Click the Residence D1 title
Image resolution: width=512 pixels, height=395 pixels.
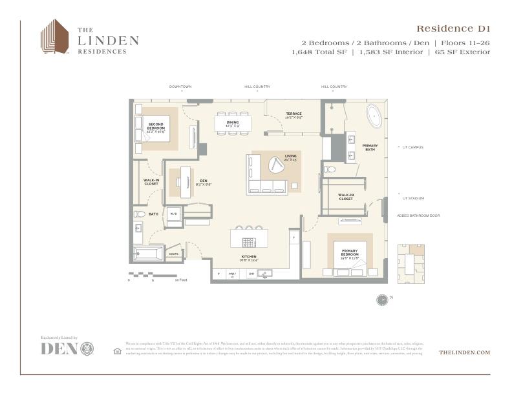(x=453, y=28)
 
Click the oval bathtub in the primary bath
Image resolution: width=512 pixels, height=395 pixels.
(x=374, y=116)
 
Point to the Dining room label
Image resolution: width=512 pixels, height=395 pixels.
(x=233, y=123)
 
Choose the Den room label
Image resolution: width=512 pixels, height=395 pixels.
(x=204, y=182)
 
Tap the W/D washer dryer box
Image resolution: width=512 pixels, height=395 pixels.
(x=173, y=214)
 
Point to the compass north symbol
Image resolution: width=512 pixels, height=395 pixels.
(x=382, y=299)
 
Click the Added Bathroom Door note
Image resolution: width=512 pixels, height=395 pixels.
(x=418, y=216)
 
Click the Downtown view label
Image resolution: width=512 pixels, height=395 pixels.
(x=180, y=86)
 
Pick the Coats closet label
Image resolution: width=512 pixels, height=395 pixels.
(x=173, y=254)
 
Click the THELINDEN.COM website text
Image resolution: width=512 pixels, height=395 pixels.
(x=464, y=352)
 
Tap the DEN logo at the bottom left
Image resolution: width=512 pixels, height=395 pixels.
(x=67, y=349)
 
